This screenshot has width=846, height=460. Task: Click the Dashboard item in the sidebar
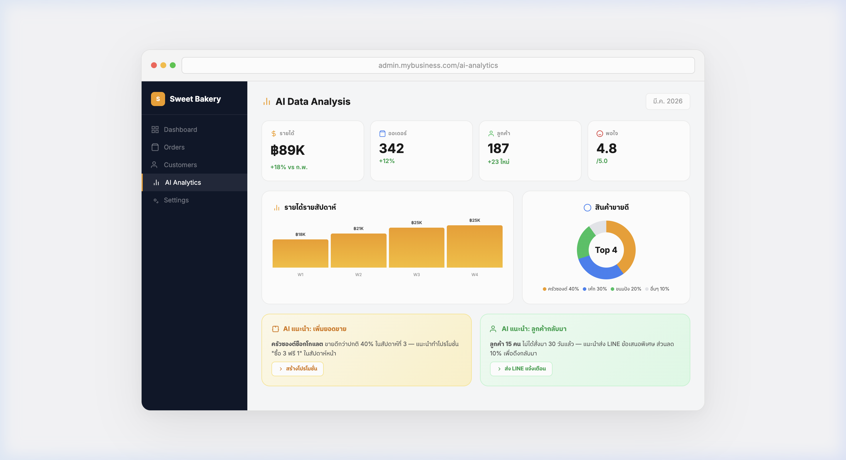(180, 130)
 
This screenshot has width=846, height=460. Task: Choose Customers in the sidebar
(180, 165)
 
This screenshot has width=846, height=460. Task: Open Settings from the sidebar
(176, 200)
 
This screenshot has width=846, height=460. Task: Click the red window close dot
(154, 65)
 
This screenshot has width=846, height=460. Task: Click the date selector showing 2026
(667, 101)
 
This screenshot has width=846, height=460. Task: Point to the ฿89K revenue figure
(288, 150)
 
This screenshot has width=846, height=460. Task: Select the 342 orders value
(392, 149)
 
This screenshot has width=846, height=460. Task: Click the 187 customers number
(498, 149)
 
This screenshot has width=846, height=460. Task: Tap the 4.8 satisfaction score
(606, 149)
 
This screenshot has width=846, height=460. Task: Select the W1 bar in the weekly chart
(300, 253)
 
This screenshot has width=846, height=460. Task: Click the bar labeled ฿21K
(358, 251)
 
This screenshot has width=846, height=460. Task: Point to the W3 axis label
(417, 274)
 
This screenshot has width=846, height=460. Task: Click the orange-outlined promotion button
(298, 369)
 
